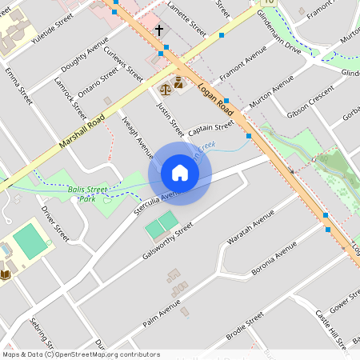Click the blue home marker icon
coord(180,173)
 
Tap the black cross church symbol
coord(158,30)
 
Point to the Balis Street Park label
coord(87,194)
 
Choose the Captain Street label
coord(211,126)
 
